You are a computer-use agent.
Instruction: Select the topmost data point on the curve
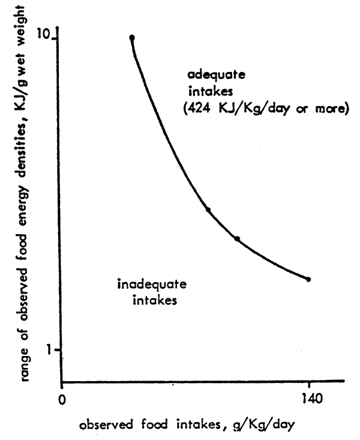(x=132, y=38)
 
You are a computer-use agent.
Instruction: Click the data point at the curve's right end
(x=308, y=279)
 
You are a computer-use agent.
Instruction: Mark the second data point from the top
(x=208, y=209)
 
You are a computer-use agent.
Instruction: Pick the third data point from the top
(x=237, y=239)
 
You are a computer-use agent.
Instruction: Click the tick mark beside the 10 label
(x=59, y=39)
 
